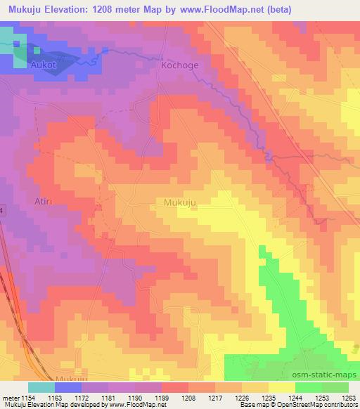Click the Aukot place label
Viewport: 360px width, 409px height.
(42, 63)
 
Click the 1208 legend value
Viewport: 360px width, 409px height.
(188, 397)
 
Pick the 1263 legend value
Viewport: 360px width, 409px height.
(349, 397)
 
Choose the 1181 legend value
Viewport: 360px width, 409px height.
(107, 397)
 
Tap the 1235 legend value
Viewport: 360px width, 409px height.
(269, 397)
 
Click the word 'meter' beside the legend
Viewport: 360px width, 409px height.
(8, 397)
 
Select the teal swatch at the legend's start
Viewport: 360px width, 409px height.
(41, 387)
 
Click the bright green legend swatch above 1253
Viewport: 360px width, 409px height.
(309, 387)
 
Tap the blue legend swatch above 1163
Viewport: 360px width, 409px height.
(68, 387)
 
